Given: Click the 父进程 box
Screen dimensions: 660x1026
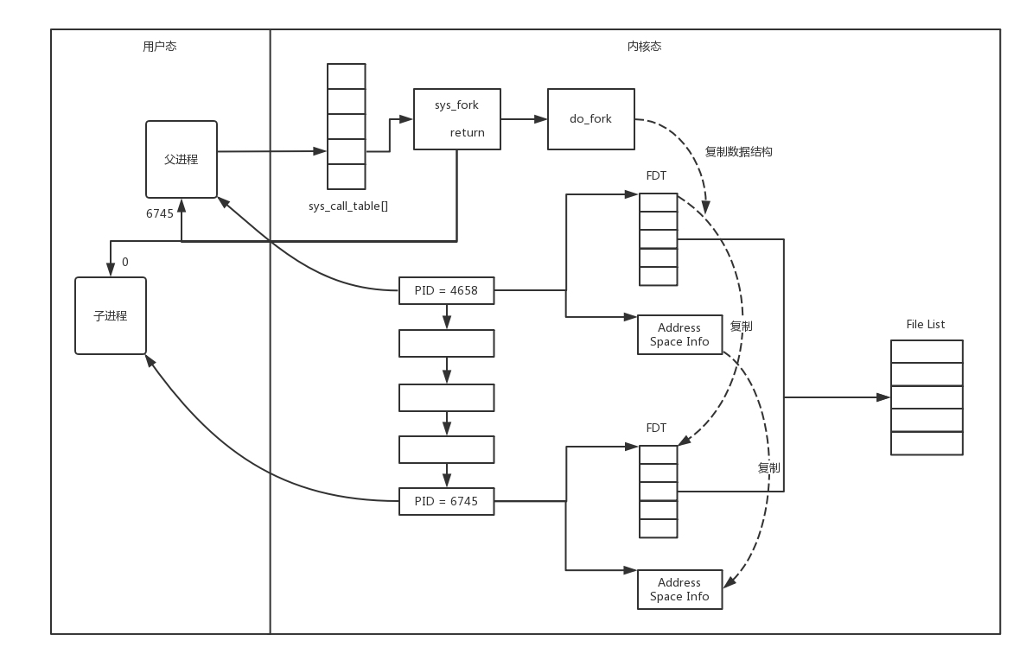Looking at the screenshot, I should click(182, 160).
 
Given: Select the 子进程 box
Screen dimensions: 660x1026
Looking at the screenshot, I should click(111, 316).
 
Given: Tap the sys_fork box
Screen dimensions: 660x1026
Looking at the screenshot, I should click(456, 118).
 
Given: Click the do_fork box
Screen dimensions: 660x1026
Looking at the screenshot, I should click(590, 118).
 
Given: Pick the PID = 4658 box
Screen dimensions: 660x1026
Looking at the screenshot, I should click(446, 291).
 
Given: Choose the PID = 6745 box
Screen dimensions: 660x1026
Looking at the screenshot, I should click(446, 501).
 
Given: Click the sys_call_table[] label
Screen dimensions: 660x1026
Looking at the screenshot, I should click(348, 206).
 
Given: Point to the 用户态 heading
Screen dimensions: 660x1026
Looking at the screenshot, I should click(159, 47).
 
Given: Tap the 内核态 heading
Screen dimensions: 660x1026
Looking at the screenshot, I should click(644, 47).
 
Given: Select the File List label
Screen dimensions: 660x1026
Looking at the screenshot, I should click(926, 325).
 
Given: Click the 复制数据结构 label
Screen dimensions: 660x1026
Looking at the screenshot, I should click(738, 152).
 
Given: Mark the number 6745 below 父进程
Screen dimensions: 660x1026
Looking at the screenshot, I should click(160, 213).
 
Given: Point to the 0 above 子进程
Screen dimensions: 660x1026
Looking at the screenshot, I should click(125, 262).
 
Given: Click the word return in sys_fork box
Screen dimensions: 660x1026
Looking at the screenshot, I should click(467, 133).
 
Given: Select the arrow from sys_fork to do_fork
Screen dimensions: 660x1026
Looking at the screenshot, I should click(524, 118).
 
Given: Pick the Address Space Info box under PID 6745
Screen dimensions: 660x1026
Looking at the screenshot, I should click(679, 589).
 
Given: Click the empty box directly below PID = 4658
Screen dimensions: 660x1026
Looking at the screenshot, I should click(446, 343).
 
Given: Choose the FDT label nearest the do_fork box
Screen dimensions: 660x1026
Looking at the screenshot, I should click(657, 176).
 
